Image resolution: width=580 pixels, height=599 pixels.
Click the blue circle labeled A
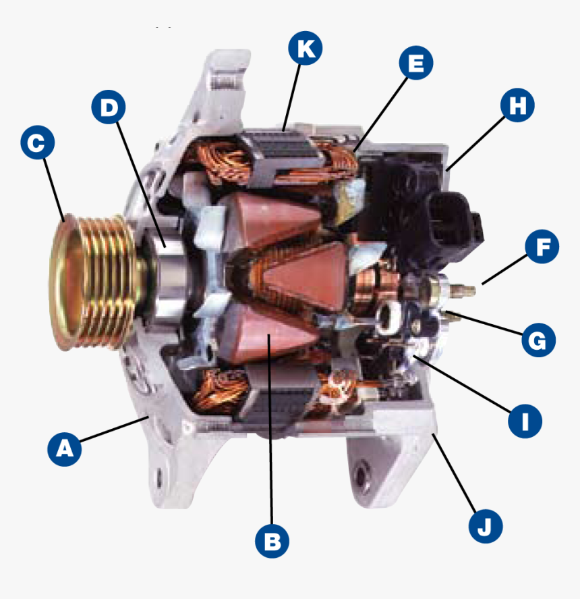pos(65,448)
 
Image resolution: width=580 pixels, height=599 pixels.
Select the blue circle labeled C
pos(38,143)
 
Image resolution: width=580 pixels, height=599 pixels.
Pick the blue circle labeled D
pos(109,107)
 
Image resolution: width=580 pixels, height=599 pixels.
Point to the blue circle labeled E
pos(415,63)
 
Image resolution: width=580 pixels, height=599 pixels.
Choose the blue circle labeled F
pos(542,248)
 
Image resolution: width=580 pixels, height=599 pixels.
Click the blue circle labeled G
pos(538,340)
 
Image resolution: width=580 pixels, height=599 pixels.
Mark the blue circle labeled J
pos(485,525)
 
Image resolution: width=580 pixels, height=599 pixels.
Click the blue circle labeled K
pos(305,49)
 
